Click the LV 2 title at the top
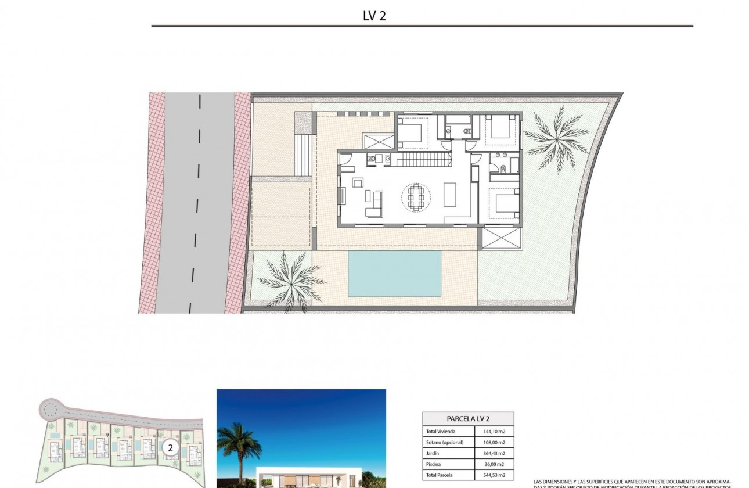tap(374, 16)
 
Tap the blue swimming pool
tap(394, 272)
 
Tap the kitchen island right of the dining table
tap(451, 195)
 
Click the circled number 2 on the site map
tap(170, 447)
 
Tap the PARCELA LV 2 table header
tap(467, 419)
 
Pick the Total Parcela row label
tap(440, 475)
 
